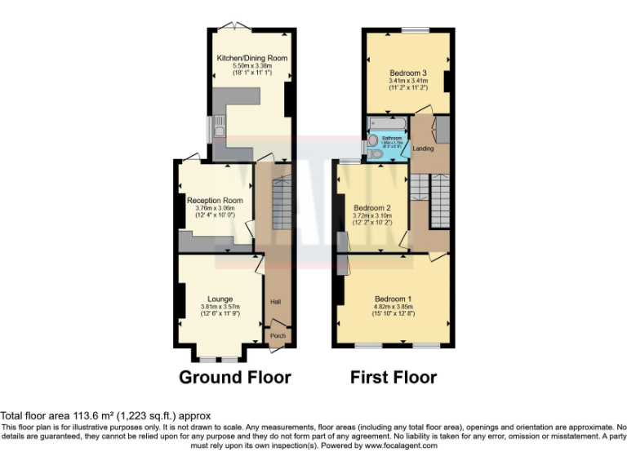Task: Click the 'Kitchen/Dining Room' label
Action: coord(251,58)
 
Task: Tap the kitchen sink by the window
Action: coord(218,129)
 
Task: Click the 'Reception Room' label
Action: coord(215,201)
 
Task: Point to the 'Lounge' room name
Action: coord(220,299)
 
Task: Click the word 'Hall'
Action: coord(276,301)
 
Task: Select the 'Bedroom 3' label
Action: coord(407,73)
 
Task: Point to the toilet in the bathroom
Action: coord(375,153)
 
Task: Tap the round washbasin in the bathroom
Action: coord(373,140)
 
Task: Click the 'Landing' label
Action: coord(423,149)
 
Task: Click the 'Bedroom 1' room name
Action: coord(394,299)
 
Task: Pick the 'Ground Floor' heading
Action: coord(234,377)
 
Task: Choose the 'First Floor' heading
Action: coord(394,377)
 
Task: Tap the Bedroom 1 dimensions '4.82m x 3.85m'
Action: coord(394,307)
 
